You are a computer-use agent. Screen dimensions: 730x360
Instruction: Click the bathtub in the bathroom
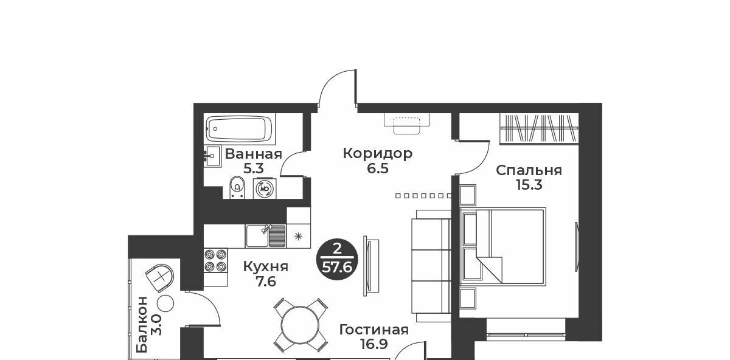pyautogui.click(x=240, y=129)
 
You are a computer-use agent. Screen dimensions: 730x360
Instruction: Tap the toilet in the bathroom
pyautogui.click(x=237, y=187)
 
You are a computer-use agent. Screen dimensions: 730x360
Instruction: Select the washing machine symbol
pyautogui.click(x=265, y=189)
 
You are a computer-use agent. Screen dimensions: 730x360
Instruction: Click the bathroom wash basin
pyautogui.click(x=212, y=156)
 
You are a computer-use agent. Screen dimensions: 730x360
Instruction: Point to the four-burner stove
pyautogui.click(x=215, y=260)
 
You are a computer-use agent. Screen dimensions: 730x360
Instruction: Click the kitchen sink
pyautogui.click(x=266, y=236)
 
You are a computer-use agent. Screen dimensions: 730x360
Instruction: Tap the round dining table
pyautogui.click(x=301, y=325)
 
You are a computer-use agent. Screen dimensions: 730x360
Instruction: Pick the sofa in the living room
pyautogui.click(x=431, y=266)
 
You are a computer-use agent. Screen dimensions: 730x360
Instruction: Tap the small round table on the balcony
pyautogui.click(x=165, y=303)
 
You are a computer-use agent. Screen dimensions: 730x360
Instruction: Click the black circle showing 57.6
pyautogui.click(x=337, y=259)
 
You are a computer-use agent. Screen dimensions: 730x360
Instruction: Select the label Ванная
pyautogui.click(x=253, y=154)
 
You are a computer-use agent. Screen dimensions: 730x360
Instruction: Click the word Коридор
pyautogui.click(x=378, y=153)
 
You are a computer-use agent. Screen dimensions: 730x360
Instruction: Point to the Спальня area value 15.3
pyautogui.click(x=529, y=185)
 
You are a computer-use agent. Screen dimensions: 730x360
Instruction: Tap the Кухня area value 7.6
pyautogui.click(x=266, y=281)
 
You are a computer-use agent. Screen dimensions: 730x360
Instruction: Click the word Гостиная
pyautogui.click(x=374, y=330)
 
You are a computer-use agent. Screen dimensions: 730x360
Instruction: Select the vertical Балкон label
pyautogui.click(x=142, y=325)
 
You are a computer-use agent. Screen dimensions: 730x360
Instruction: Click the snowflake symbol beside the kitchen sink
pyautogui.click(x=298, y=236)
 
